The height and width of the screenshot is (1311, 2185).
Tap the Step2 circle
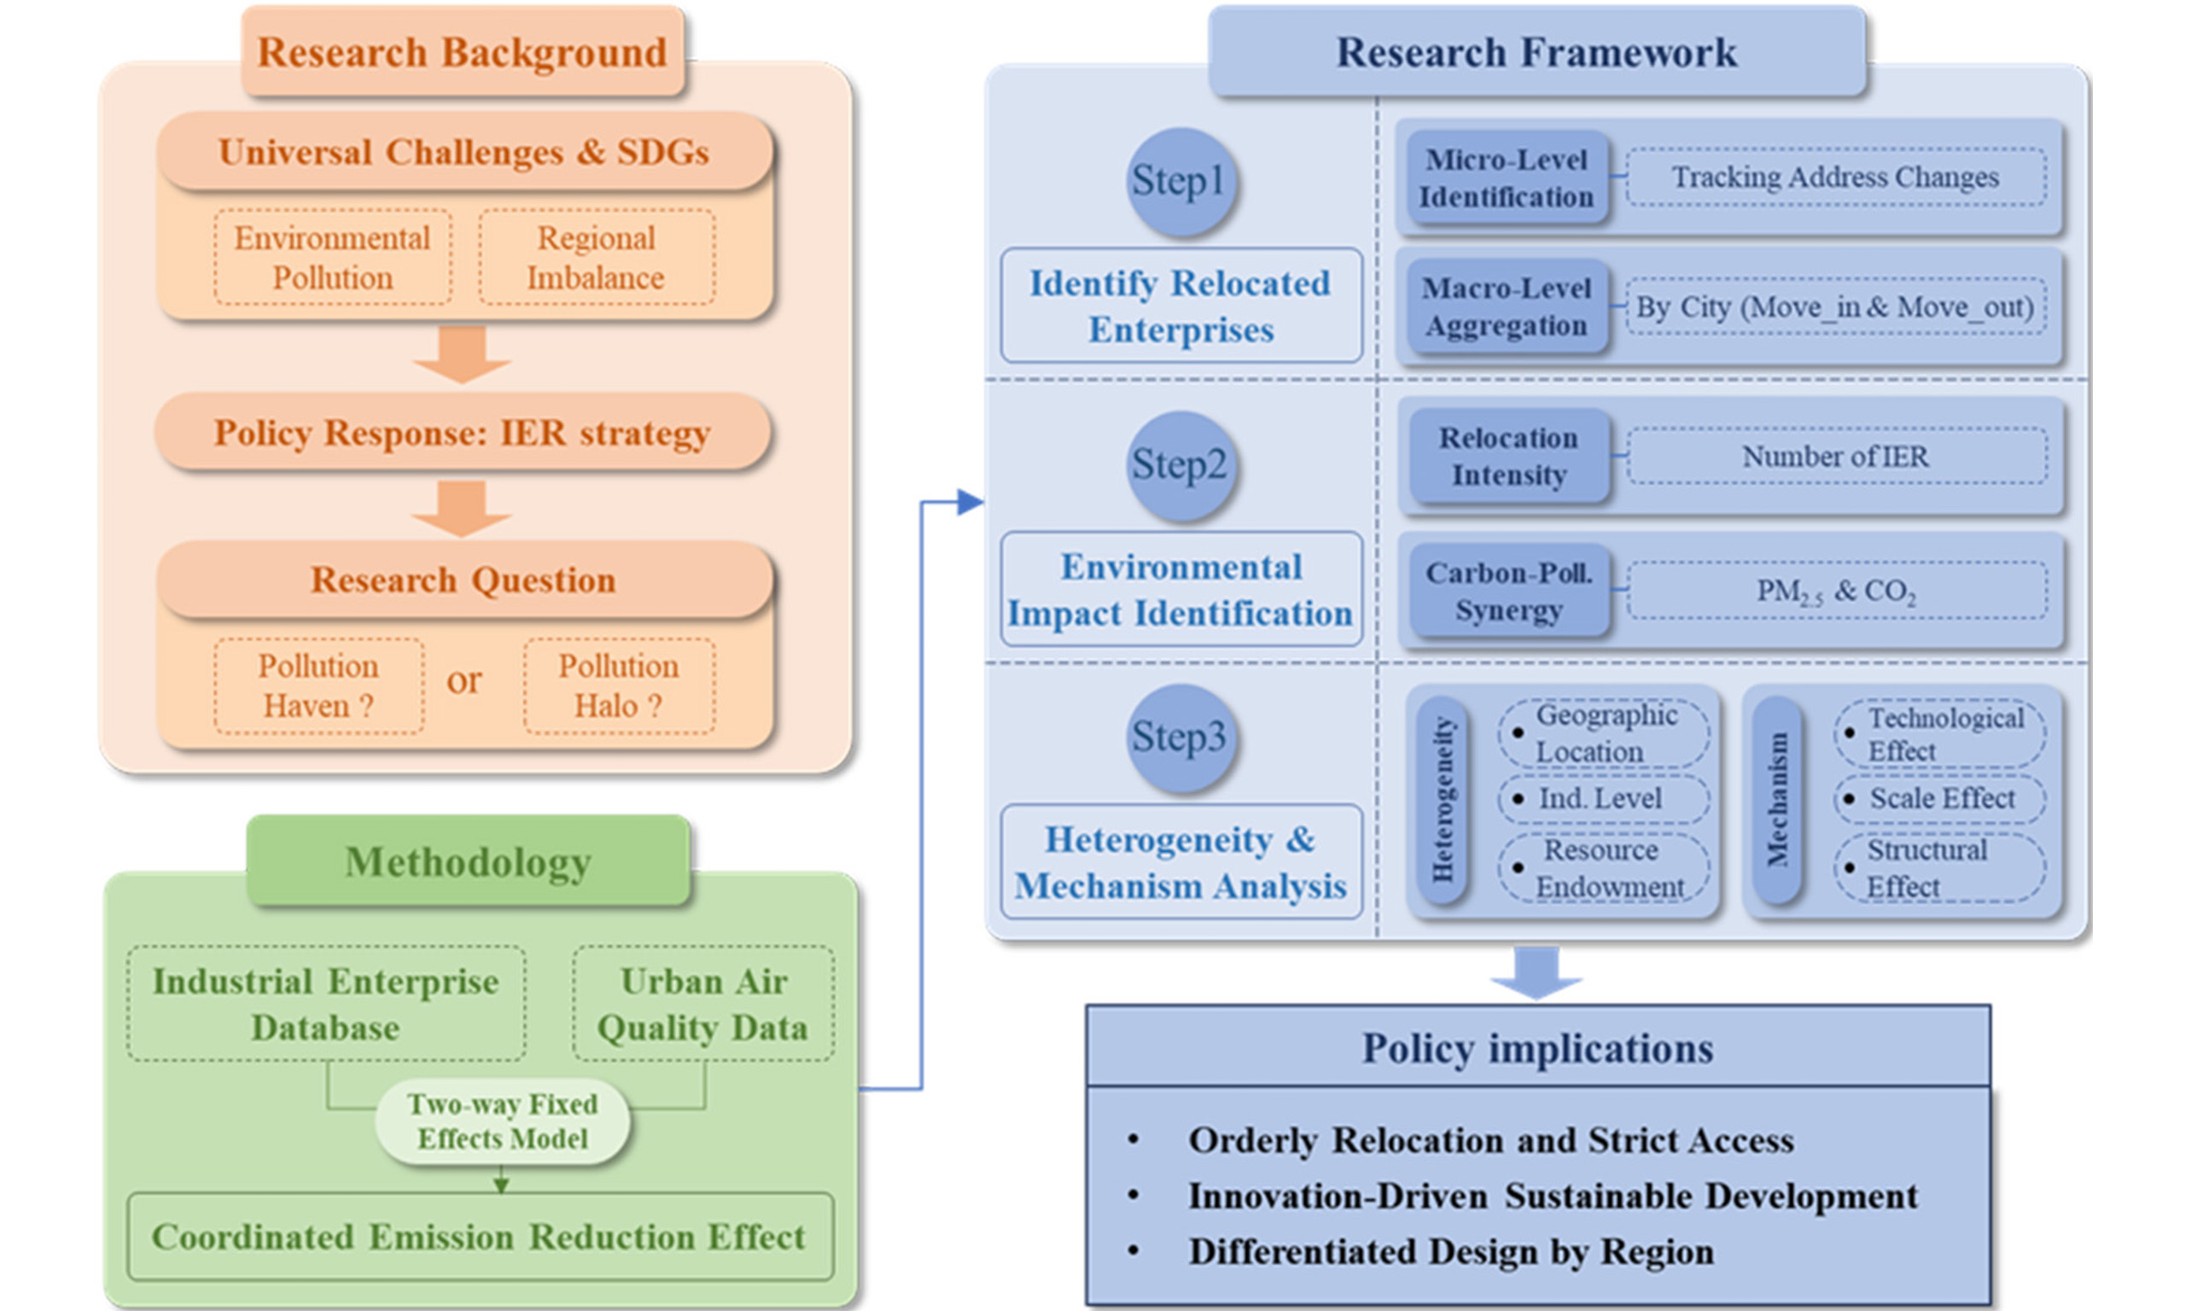pyautogui.click(x=1180, y=464)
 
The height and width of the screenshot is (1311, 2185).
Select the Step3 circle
pyautogui.click(x=1180, y=737)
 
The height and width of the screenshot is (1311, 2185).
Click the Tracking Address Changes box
pyautogui.click(x=1835, y=178)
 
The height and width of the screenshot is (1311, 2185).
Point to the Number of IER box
pyautogui.click(x=1835, y=457)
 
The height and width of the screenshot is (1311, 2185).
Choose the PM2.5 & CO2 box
pyautogui.click(x=1835, y=590)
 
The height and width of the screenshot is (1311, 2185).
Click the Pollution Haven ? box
pyautogui.click(x=318, y=685)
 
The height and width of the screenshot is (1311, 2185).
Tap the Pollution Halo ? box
pyautogui.click(x=618, y=685)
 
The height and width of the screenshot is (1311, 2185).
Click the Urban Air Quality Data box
pyautogui.click(x=703, y=1005)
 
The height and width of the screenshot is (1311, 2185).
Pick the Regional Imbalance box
pyautogui.click(x=596, y=257)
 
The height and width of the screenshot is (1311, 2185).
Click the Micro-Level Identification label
pyautogui.click(x=1506, y=178)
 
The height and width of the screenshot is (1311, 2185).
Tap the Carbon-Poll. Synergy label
pyautogui.click(x=1508, y=591)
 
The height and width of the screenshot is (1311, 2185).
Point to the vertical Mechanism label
pyautogui.click(x=1776, y=800)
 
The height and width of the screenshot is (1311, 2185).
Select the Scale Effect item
pyautogui.click(x=1940, y=799)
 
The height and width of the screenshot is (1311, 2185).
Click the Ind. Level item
pyautogui.click(x=1602, y=799)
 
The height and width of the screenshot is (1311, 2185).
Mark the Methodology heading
pyautogui.click(x=468, y=862)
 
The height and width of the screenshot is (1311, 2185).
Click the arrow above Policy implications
pyautogui.click(x=1535, y=972)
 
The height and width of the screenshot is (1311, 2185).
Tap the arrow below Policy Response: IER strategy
pyautogui.click(x=461, y=508)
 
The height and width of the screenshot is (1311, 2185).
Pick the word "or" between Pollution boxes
pyautogui.click(x=463, y=680)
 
